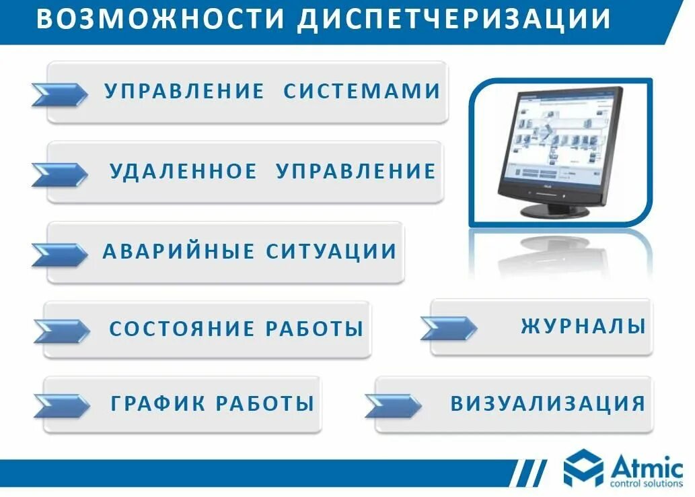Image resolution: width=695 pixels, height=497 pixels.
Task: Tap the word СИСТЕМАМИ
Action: point(362,91)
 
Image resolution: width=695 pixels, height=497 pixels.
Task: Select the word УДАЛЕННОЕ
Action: point(183,171)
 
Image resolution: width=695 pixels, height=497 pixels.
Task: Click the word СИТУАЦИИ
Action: point(332,252)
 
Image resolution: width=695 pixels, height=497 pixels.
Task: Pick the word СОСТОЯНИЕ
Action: point(182,329)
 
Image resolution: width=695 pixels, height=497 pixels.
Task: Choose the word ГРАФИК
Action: point(158,404)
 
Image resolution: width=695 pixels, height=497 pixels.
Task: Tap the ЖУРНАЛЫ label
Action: point(583,327)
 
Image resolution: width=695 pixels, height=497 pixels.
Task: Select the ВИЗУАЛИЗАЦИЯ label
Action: point(548,404)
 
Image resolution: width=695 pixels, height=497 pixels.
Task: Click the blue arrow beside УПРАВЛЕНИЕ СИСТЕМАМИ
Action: point(59,94)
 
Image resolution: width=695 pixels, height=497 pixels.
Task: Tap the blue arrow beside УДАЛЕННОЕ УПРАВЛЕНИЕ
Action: point(59,174)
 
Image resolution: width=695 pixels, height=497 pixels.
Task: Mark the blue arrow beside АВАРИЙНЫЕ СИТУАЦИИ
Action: point(59,254)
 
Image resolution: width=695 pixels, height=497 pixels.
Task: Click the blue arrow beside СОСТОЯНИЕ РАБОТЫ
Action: point(61,331)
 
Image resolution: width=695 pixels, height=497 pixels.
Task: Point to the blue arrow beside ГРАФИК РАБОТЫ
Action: point(61,405)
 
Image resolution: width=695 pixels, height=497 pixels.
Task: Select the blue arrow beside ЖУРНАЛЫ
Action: point(449,328)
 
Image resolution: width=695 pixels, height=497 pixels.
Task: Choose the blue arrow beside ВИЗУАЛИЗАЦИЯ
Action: point(393,405)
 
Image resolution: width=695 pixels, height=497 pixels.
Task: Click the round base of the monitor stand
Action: point(555,211)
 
